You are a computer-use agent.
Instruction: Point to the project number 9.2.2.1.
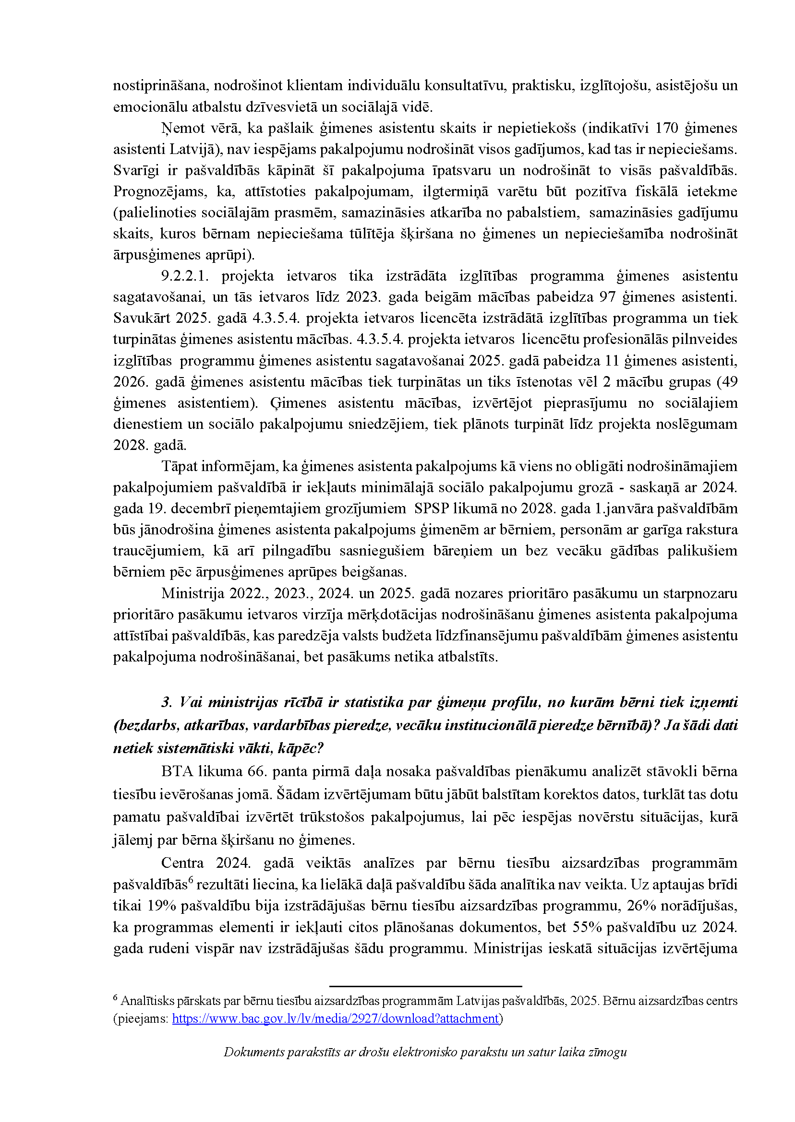coord(184,276)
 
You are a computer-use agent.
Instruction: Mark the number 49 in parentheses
coord(729,381)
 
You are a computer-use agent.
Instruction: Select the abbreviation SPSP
coord(431,508)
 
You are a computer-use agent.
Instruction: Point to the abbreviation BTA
coord(177,772)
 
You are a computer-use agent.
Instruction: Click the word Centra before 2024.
coord(182,863)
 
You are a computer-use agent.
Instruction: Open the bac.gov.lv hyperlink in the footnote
coord(335,1019)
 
